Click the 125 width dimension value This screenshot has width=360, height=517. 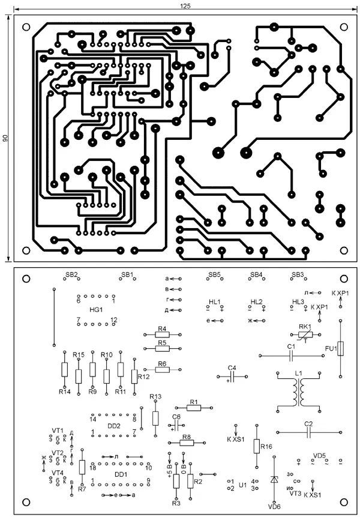pos(185,5)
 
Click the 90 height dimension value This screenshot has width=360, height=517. pos(5,138)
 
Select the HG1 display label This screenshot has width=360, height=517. pos(95,309)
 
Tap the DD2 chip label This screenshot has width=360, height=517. pos(114,425)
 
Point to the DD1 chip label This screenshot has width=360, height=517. pos(121,474)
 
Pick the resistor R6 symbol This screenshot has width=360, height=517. pos(162,370)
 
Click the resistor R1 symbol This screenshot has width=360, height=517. pos(193,408)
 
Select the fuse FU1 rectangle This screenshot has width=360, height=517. pos(340,349)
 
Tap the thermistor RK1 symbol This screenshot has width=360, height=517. pos(304,333)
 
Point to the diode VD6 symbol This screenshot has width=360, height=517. pos(274,480)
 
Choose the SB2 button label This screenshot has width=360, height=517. pos(71,274)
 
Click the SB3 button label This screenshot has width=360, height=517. pos(298,274)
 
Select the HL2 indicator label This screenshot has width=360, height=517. pos(257,301)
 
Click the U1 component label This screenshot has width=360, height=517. pos(242,484)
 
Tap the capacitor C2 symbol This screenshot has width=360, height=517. pos(308,431)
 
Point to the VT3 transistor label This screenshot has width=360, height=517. pos(295,494)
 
